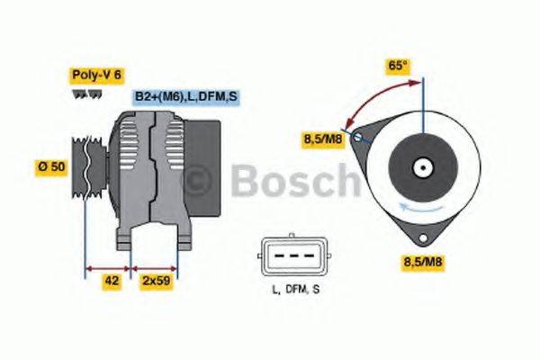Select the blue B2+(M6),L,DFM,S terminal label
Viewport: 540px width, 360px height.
186,96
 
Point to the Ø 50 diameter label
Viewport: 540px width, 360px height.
50,166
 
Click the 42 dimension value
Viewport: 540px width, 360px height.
112,281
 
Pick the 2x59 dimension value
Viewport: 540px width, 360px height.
156,281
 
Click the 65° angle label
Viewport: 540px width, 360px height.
397,66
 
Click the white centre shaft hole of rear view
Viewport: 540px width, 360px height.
421,166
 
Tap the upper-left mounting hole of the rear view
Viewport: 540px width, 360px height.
358,139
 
